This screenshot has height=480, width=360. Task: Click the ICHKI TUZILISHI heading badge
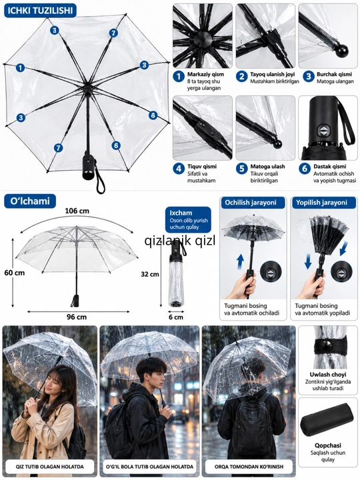[40, 11]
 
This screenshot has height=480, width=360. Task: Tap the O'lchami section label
[30, 201]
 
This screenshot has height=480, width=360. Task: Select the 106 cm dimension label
[77, 211]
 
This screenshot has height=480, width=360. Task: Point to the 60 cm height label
[15, 273]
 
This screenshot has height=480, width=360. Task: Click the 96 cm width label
[77, 317]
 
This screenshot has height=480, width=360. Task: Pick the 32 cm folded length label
[150, 274]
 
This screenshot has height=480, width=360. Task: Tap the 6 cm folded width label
[176, 317]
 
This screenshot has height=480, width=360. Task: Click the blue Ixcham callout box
[188, 220]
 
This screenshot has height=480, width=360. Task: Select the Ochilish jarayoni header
[251, 203]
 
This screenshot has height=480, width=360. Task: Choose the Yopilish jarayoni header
[321, 203]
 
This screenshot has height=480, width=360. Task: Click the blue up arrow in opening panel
[241, 262]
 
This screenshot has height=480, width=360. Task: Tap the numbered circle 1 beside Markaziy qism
[179, 76]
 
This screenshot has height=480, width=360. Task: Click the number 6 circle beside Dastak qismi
[305, 169]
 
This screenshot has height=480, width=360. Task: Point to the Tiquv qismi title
[202, 167]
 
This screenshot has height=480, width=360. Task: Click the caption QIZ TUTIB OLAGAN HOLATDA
[50, 467]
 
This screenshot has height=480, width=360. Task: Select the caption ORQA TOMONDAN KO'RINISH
[249, 467]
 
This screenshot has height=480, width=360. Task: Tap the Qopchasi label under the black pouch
[328, 445]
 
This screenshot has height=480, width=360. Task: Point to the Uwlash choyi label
[328, 375]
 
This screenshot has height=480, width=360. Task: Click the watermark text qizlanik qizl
[180, 241]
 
